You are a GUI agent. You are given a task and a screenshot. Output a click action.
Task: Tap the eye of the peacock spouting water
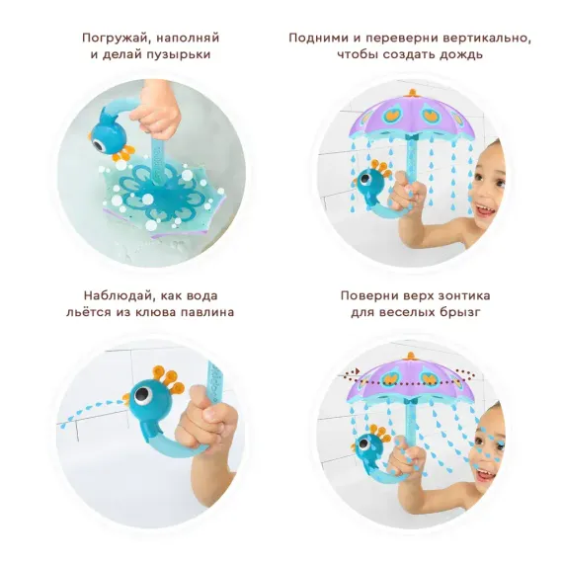(142, 397)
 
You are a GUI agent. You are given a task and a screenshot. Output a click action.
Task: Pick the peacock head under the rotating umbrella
(369, 443)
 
